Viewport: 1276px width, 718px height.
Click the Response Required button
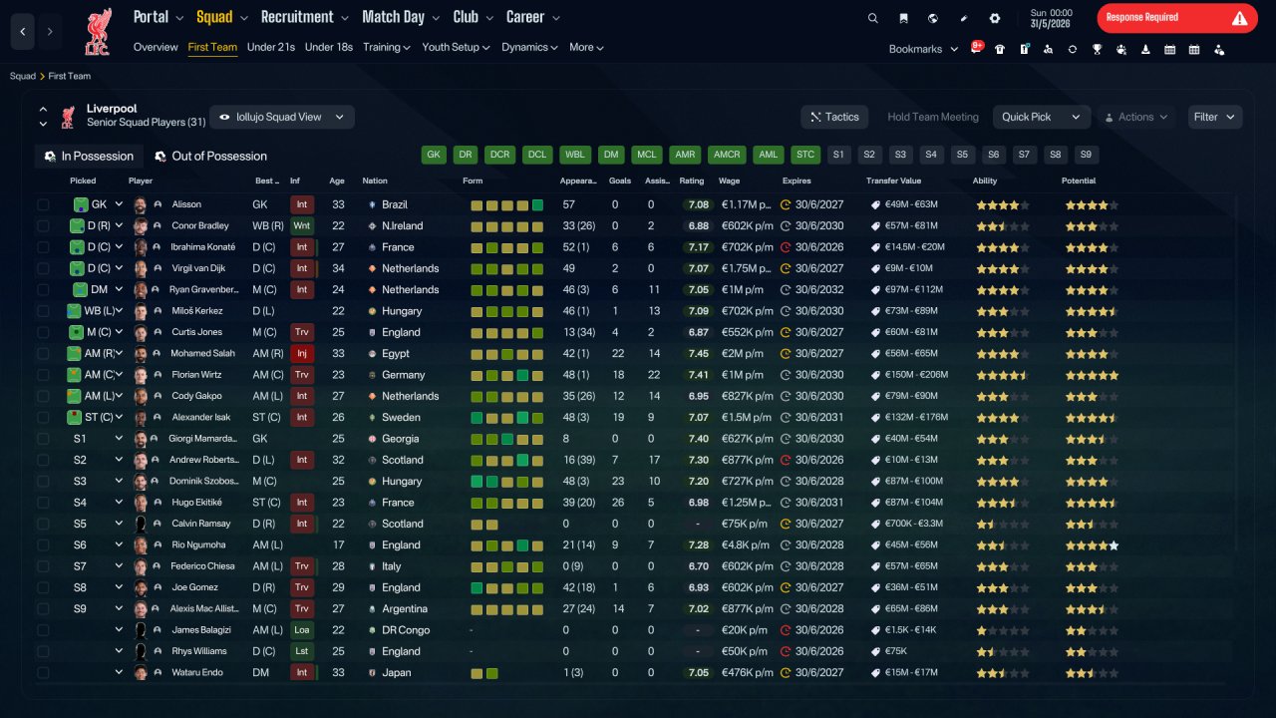(x=1177, y=18)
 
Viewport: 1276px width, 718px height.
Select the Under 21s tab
(x=270, y=47)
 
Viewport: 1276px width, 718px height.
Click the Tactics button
(x=834, y=117)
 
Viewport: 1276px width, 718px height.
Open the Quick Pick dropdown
(x=1041, y=117)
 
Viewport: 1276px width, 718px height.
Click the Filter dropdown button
(x=1214, y=117)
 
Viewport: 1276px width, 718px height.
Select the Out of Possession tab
(x=211, y=157)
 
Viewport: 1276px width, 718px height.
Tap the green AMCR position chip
(x=727, y=155)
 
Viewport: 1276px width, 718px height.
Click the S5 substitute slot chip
(x=962, y=155)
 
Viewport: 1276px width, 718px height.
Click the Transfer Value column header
(x=893, y=180)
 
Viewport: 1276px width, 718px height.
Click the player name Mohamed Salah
(x=202, y=353)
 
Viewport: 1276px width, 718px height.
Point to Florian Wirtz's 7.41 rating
(x=698, y=375)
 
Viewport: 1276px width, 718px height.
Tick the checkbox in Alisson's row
(x=43, y=204)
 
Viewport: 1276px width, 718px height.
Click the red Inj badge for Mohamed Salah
(x=301, y=353)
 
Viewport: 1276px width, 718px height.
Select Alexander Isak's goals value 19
(x=618, y=417)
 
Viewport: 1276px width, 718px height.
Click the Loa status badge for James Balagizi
(x=301, y=630)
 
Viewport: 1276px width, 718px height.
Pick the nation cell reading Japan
(x=397, y=672)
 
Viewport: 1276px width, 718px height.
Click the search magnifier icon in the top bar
(x=872, y=18)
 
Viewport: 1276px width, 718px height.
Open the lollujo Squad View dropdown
(x=282, y=117)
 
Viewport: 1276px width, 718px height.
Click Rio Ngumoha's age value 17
(x=338, y=544)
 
